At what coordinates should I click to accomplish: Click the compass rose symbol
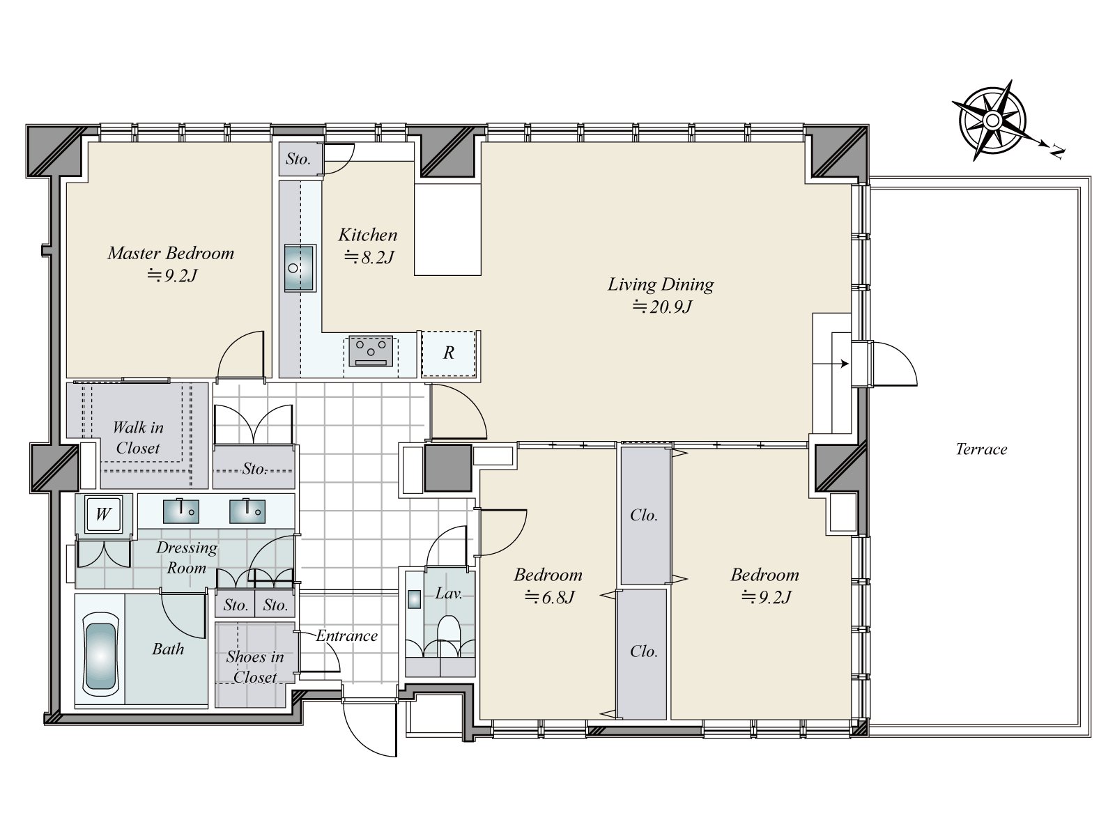(992, 121)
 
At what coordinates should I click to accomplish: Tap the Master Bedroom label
(171, 253)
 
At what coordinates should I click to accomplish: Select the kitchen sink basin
(299, 268)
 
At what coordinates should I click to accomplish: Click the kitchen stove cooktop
(371, 350)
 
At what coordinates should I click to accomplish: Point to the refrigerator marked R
(449, 353)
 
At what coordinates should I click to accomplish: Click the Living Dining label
(661, 284)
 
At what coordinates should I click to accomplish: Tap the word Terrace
(981, 449)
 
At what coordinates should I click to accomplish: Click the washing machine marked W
(104, 513)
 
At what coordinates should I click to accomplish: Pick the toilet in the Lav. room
(448, 632)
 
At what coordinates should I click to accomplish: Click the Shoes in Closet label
(255, 667)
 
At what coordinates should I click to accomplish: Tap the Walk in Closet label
(138, 438)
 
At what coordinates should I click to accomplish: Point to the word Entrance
(347, 635)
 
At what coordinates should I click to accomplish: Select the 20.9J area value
(663, 307)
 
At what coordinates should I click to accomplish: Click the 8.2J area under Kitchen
(369, 258)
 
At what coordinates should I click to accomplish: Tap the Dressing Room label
(187, 557)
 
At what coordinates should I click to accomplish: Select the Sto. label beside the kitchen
(298, 160)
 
